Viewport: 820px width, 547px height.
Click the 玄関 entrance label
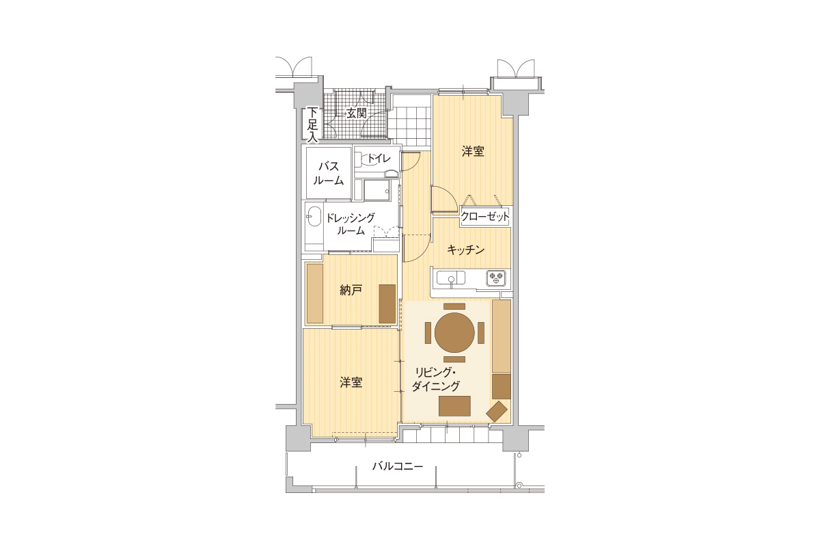(356, 113)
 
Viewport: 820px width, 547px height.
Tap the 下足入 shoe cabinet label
(312, 124)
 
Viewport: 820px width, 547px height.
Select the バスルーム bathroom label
(329, 173)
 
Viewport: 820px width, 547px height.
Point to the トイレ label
(379, 158)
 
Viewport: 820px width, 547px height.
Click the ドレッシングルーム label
(351, 224)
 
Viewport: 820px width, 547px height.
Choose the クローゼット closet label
(484, 216)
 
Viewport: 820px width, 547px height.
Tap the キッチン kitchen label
(465, 250)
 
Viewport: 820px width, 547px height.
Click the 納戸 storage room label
(351, 290)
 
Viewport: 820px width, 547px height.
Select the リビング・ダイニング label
(436, 379)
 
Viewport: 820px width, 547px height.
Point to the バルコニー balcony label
(398, 466)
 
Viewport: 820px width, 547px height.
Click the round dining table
(454, 333)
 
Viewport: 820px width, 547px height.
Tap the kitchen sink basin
(450, 278)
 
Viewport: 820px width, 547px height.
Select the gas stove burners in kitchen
(496, 278)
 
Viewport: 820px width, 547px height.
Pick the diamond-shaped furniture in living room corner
(497, 411)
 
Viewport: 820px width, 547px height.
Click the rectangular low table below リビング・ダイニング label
(454, 405)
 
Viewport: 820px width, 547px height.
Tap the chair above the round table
(454, 306)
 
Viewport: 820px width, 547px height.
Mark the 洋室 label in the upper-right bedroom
(473, 151)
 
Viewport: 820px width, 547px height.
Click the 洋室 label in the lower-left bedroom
(351, 382)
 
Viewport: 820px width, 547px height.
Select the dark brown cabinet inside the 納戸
(387, 304)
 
